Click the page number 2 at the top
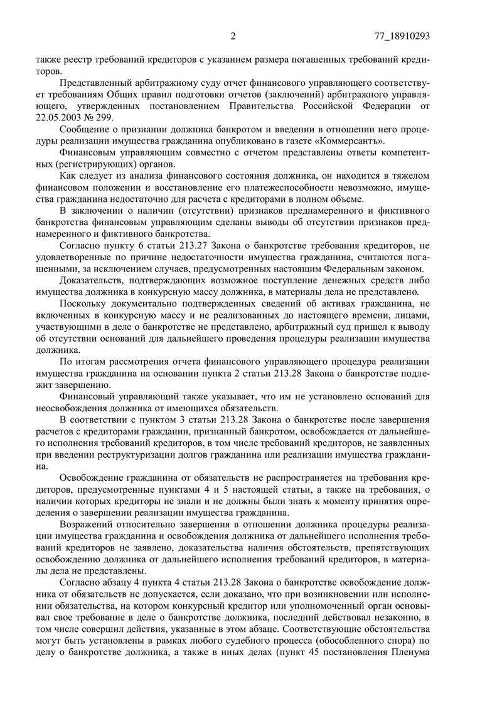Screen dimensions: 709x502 [233, 36]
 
